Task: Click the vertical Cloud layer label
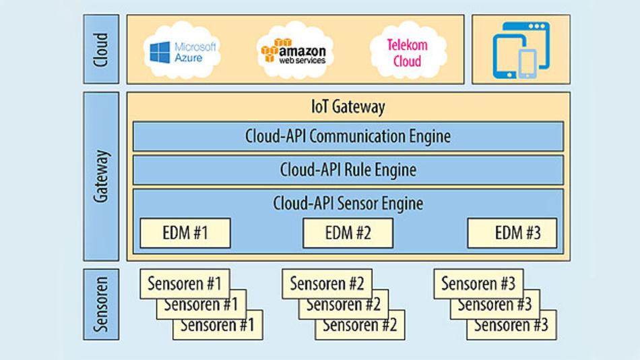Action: (102, 49)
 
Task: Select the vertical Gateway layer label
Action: (102, 177)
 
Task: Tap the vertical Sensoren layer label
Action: (102, 304)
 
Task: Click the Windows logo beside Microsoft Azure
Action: (160, 53)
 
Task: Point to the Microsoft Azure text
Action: (195, 53)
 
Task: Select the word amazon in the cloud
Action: (304, 51)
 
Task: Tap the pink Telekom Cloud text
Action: (408, 53)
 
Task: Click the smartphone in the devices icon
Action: (527, 64)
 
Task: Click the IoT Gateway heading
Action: (348, 107)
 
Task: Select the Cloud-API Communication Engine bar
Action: (348, 136)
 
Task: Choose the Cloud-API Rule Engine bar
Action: (348, 170)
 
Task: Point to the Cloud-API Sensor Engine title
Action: (348, 202)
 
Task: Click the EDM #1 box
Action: (185, 233)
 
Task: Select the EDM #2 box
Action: (348, 233)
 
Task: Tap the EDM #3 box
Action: (512, 233)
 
